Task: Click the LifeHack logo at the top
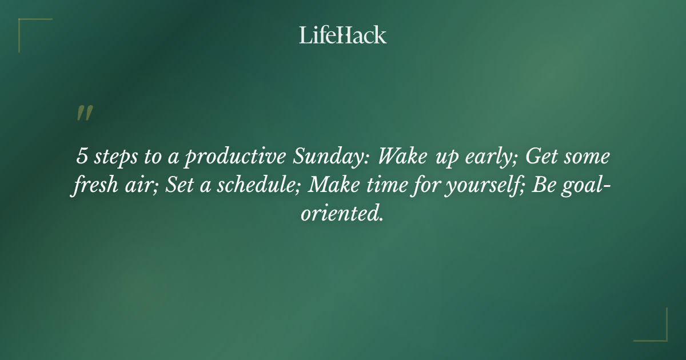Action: [343, 35]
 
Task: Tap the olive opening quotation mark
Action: [84, 113]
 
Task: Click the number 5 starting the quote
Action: [81, 157]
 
